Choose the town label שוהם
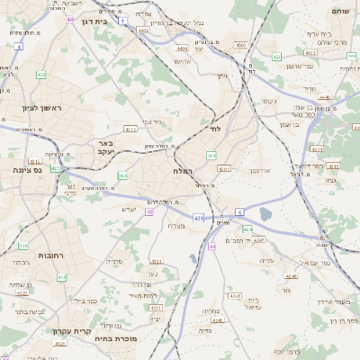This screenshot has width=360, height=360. (338, 12)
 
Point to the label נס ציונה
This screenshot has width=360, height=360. (30, 170)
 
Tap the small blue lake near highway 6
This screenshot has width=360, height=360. (265, 214)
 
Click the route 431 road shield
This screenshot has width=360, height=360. (198, 218)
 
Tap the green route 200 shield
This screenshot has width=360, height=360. (122, 175)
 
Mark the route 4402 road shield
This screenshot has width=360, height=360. (143, 30)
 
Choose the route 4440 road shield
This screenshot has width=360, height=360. (324, 97)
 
